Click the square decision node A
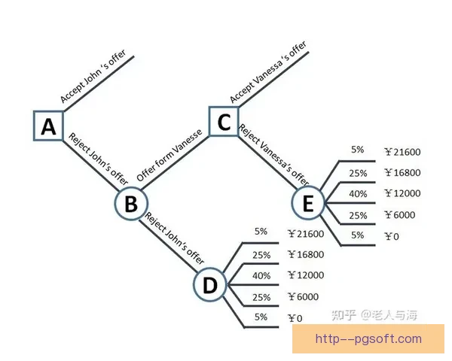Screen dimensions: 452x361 (x=48, y=126)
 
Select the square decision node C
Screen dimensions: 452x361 (x=224, y=122)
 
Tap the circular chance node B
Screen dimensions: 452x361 (x=131, y=203)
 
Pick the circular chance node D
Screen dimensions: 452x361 (x=210, y=284)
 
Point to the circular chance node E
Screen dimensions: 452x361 (x=308, y=202)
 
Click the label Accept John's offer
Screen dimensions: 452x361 (x=93, y=76)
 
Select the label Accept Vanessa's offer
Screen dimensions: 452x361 (x=268, y=72)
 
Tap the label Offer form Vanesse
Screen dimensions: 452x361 (x=169, y=156)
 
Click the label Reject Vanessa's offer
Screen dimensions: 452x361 (x=273, y=155)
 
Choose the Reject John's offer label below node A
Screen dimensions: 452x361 (x=98, y=159)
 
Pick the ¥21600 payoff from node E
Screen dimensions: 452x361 (x=403, y=152)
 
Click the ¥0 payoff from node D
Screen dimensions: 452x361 (x=295, y=318)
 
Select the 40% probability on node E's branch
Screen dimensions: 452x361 (x=358, y=194)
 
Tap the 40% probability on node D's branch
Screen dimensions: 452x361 (x=261, y=275)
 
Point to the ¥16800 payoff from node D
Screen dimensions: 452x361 (x=306, y=254)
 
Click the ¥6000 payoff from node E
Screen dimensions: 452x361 (x=400, y=214)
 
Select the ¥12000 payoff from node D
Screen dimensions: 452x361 (x=306, y=275)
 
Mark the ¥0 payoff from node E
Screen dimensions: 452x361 (x=392, y=236)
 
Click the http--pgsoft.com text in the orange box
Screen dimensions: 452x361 (x=368, y=339)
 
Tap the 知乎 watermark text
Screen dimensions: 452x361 (x=344, y=315)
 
